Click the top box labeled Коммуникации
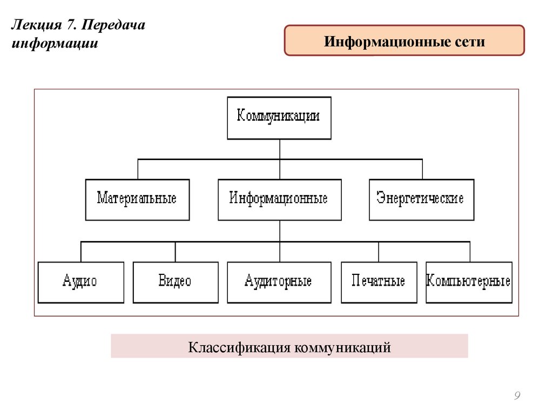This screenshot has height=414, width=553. [x=279, y=118]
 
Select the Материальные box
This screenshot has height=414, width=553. [x=137, y=199]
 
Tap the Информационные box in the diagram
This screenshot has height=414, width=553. [x=279, y=199]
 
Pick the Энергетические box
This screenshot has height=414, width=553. [x=421, y=199]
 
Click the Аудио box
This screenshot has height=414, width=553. [x=80, y=282]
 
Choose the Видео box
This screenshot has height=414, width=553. [x=176, y=282]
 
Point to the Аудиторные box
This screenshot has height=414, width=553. [x=279, y=282]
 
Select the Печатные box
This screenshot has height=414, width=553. [x=379, y=282]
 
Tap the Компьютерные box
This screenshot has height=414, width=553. [x=469, y=282]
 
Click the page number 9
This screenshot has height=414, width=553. [x=517, y=396]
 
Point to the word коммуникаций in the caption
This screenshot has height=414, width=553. [x=341, y=347]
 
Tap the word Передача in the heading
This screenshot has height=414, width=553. [x=113, y=25]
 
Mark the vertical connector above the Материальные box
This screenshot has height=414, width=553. [x=138, y=169]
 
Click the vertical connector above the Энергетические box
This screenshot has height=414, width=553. [x=422, y=169]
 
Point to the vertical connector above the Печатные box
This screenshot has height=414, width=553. [x=379, y=252]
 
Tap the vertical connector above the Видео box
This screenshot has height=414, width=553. [x=176, y=252]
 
